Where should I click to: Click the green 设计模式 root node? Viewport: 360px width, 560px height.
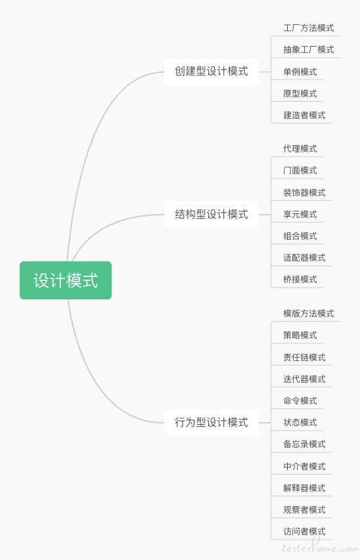(66, 280)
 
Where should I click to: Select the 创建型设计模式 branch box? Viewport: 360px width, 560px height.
(212, 72)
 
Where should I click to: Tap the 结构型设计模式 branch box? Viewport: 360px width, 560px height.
(212, 215)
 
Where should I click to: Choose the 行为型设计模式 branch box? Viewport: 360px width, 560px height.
(212, 423)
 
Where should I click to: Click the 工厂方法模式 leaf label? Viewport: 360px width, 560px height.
(309, 28)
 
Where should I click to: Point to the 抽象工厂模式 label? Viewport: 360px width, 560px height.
(309, 50)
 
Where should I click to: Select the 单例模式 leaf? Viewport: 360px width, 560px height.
(300, 72)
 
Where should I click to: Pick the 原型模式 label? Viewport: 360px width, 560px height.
(300, 94)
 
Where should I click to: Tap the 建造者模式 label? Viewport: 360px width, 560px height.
(304, 116)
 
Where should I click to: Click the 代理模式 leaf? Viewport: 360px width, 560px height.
(300, 148)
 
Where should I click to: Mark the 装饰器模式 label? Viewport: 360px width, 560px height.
(304, 192)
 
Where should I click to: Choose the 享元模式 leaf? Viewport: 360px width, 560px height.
(300, 214)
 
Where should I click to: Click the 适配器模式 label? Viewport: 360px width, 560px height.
(304, 257)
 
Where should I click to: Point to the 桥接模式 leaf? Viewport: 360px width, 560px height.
(300, 279)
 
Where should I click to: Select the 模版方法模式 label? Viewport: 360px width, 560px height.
(309, 313)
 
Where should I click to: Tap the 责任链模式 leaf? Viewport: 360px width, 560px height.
(304, 357)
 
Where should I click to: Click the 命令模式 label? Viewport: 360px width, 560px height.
(300, 400)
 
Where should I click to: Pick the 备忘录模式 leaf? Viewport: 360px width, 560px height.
(304, 444)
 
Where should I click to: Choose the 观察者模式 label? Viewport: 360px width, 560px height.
(304, 509)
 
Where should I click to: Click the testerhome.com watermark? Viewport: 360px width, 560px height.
(321, 547)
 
